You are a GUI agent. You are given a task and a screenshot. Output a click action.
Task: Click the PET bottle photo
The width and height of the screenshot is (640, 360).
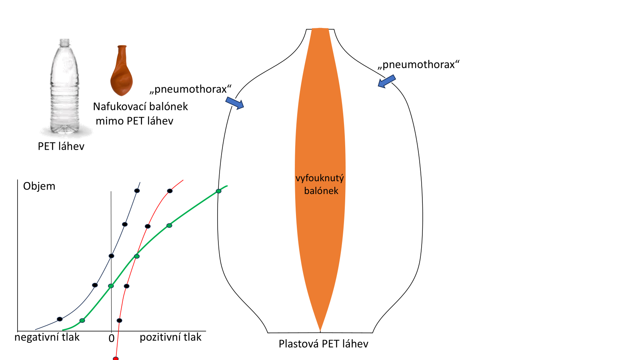(64, 88)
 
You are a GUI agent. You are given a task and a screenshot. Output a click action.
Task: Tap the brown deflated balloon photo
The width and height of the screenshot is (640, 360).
(121, 72)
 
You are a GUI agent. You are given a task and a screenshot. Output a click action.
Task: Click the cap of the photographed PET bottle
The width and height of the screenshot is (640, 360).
(64, 42)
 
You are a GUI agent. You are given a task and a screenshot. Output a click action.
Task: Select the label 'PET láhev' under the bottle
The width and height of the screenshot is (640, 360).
(61, 146)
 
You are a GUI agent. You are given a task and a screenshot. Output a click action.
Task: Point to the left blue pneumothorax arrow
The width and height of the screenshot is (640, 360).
(235, 103)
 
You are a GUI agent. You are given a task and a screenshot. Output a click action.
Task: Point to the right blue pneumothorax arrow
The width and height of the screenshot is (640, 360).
(387, 81)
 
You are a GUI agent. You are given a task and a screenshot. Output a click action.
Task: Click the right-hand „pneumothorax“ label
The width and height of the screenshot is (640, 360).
(418, 65)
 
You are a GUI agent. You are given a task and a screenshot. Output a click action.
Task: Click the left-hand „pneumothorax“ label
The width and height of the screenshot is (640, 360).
(190, 89)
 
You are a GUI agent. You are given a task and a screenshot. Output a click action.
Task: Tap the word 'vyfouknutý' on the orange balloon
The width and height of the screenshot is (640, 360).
(320, 178)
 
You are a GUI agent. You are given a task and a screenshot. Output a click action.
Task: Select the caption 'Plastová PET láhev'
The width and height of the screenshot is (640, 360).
(323, 344)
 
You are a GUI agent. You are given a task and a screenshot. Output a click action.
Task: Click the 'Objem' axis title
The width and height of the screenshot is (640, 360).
(39, 186)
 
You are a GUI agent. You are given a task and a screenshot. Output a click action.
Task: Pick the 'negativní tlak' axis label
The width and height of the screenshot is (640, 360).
(47, 337)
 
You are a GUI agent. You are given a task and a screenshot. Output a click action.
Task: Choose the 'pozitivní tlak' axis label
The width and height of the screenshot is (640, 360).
(170, 337)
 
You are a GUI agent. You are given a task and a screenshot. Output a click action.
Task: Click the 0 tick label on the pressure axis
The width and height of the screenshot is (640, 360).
(112, 338)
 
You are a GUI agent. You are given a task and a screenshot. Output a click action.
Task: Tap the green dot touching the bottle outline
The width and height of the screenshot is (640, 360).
(218, 191)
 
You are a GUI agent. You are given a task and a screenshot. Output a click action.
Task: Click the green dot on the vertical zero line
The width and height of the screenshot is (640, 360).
(111, 286)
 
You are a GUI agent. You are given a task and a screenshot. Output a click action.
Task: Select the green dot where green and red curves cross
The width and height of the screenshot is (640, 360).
(137, 256)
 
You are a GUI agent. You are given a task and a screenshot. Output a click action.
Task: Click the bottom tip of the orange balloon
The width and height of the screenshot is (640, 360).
(320, 330)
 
